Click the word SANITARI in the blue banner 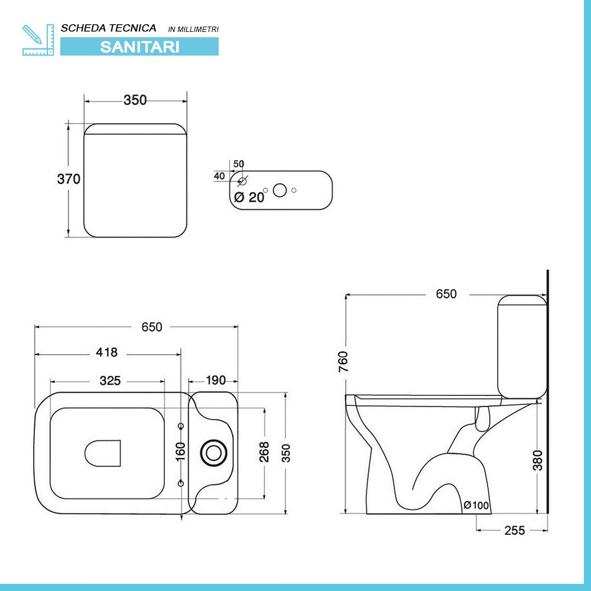click(139, 47)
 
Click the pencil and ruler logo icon click(38, 40)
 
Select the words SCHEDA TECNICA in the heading click(109, 28)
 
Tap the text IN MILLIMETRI click(193, 30)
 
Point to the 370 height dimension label click(69, 178)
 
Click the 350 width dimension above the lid click(135, 100)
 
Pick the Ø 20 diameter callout click(249, 197)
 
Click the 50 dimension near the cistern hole click(239, 164)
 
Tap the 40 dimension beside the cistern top click(219, 176)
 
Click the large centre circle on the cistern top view click(280, 190)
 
